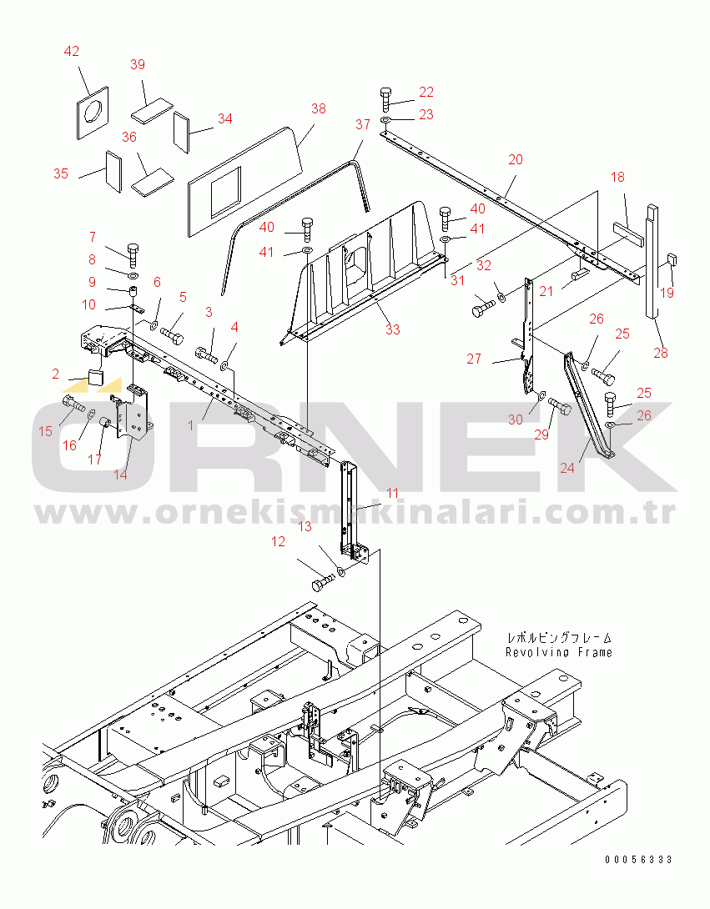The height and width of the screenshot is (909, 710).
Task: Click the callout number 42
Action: (x=72, y=52)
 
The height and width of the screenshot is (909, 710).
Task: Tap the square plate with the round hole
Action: (x=93, y=113)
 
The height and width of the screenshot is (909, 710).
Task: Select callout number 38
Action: (x=319, y=109)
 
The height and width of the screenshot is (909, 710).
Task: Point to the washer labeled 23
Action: (x=386, y=120)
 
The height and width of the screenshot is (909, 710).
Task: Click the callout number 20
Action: (x=516, y=159)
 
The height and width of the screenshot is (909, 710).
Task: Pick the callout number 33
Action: (x=393, y=329)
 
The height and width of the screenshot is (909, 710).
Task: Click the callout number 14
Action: (x=120, y=475)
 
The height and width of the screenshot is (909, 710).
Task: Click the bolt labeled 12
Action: (x=324, y=582)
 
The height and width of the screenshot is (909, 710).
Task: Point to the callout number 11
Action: (x=393, y=494)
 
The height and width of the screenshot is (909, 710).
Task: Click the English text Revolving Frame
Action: (x=559, y=652)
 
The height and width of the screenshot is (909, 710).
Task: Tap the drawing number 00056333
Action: (x=638, y=859)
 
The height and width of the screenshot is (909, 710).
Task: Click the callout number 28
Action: (x=661, y=353)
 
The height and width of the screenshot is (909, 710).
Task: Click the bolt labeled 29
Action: (x=560, y=407)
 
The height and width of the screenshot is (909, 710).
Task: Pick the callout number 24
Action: (x=566, y=467)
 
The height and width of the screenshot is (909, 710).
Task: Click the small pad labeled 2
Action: (x=94, y=378)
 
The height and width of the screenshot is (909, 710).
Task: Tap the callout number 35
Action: (x=61, y=173)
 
